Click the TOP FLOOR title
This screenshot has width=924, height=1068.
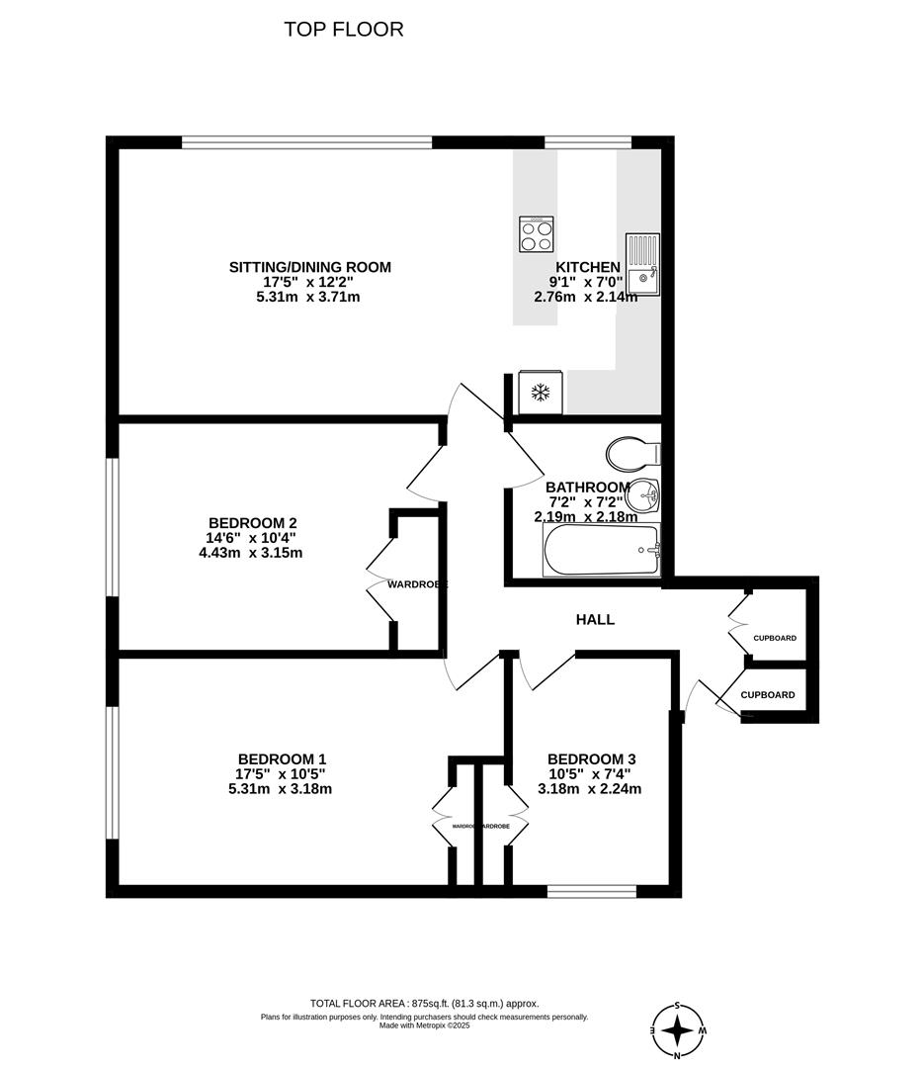coord(344,30)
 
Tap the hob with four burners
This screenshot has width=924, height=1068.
coord(537,233)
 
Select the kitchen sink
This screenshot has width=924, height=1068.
coord(642,263)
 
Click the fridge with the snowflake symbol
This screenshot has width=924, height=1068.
coord(541,393)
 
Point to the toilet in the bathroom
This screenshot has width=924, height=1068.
coord(631,455)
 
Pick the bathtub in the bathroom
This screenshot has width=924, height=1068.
coord(602,550)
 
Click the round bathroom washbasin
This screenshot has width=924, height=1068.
coord(643,492)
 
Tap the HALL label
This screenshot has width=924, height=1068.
coord(595,620)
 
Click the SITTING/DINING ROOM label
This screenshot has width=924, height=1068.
coord(310,267)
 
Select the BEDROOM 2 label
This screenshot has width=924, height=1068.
coord(253,523)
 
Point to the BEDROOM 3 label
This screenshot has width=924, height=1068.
coord(589,759)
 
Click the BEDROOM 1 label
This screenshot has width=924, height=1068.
coord(282,759)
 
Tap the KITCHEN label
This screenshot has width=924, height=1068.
coord(588,267)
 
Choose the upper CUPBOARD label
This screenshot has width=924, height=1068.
coord(774,638)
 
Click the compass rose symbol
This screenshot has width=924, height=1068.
coord(678,1030)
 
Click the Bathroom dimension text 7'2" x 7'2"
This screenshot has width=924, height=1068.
coord(587,502)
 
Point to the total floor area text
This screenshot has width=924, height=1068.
coord(425,1003)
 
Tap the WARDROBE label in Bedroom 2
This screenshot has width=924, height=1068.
coord(416,584)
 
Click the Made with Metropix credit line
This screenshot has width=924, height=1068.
coord(424,1025)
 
